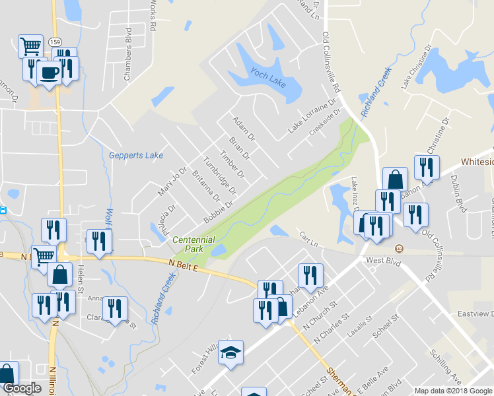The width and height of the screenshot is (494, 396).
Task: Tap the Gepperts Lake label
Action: [x=136, y=156]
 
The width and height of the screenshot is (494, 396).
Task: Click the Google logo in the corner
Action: [x=22, y=388]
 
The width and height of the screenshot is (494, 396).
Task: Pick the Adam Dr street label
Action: [x=244, y=129]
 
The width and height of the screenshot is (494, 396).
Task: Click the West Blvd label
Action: [x=384, y=261]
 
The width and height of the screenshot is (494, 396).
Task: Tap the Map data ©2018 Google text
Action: [x=454, y=391]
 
